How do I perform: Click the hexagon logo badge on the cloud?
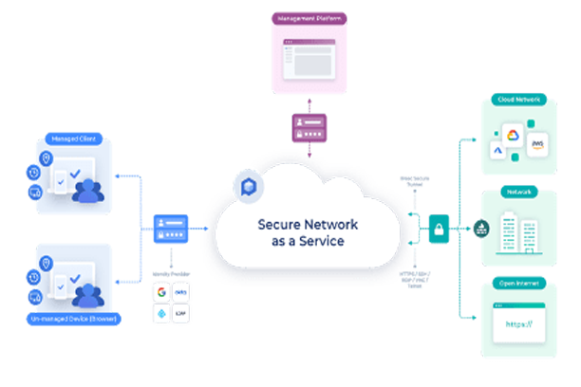249,184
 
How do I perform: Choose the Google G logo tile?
161,292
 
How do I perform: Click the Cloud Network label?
519,99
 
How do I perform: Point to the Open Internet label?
519,283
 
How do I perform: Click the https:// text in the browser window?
518,325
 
